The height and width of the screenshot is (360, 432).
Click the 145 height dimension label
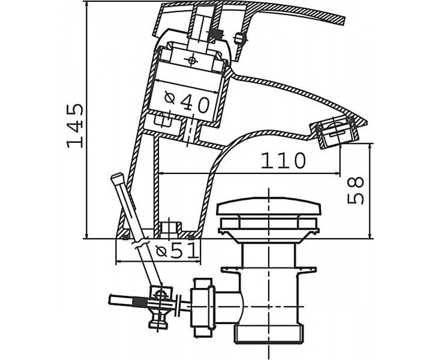pyautogui.click(x=75, y=126)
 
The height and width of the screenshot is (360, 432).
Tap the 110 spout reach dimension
pyautogui.click(x=283, y=161)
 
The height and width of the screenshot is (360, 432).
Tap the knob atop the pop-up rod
pyautogui.click(x=117, y=178)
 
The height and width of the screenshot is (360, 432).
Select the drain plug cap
pyautogui.click(x=269, y=206)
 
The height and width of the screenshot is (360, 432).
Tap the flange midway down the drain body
pyautogui.click(x=269, y=270)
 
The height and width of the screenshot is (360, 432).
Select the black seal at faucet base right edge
pyautogui.click(x=191, y=237)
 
